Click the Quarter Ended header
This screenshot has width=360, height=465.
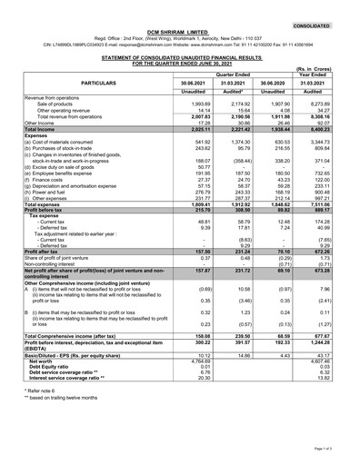click(237, 74)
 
